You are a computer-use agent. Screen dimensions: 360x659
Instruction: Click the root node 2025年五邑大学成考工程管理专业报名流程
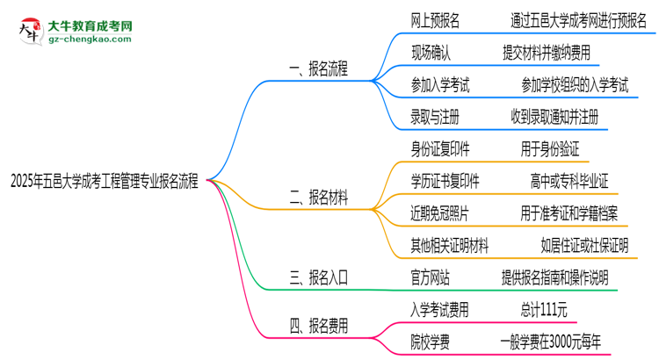point(104,184)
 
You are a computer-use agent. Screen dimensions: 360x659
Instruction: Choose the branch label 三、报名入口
point(318,278)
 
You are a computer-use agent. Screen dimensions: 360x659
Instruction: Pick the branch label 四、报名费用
point(318,325)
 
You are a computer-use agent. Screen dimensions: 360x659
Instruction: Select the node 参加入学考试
point(440,84)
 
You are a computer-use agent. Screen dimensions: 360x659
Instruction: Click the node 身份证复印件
point(440,149)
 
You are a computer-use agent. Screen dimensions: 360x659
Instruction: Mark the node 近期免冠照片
point(440,213)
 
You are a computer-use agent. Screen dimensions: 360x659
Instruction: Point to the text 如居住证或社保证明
point(584,246)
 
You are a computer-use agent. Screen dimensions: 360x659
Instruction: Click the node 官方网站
point(431,277)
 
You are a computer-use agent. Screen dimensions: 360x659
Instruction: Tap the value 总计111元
point(543,309)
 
